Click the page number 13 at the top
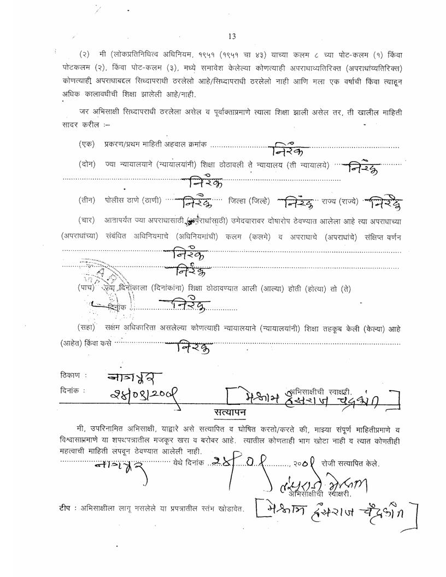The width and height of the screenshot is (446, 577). pos(232,37)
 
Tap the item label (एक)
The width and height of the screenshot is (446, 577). pos(86,144)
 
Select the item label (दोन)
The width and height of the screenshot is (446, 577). pos(86,164)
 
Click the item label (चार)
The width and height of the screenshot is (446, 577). pos(86,220)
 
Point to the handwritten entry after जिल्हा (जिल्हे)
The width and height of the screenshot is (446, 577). pos(296,203)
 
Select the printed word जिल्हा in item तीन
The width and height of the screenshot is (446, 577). pos(238,200)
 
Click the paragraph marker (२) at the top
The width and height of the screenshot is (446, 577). pos(84,55)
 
